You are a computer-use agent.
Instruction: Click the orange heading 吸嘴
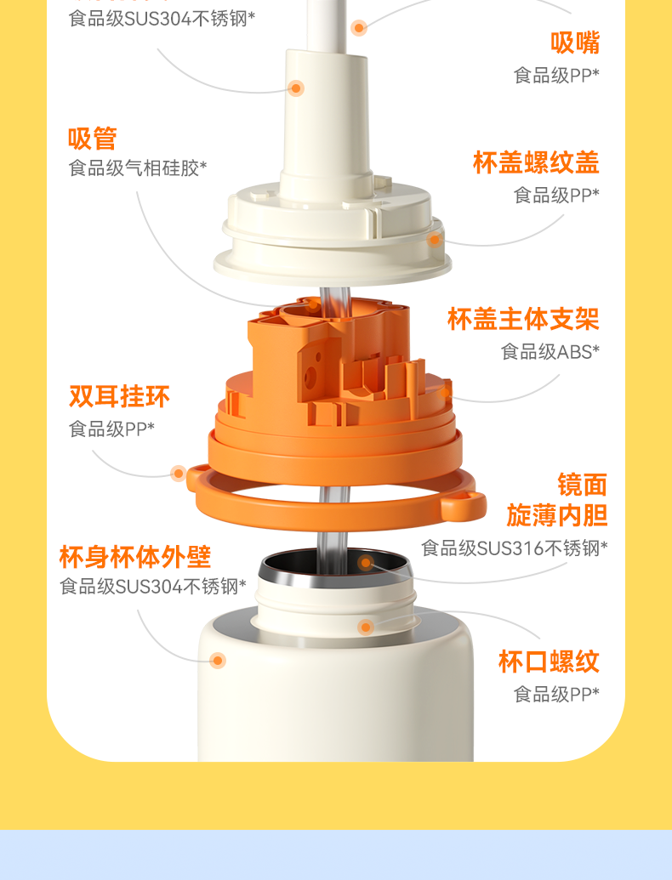click(575, 43)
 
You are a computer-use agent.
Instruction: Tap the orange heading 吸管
click(93, 139)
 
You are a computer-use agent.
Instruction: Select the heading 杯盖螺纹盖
click(536, 162)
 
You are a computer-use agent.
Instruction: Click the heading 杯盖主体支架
click(523, 319)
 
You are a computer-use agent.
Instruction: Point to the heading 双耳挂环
click(119, 396)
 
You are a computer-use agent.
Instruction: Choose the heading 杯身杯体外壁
click(135, 557)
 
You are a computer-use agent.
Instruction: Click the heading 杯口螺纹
click(549, 661)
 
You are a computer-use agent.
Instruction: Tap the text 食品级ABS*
click(550, 352)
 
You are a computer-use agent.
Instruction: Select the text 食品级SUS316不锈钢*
click(515, 548)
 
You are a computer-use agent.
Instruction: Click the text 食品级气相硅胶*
click(138, 167)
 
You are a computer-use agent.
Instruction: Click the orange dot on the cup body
click(218, 660)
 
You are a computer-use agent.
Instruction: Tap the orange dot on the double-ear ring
click(179, 474)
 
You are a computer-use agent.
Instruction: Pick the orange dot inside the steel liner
click(366, 562)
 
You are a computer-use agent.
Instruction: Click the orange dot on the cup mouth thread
click(366, 627)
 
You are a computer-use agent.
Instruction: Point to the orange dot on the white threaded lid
click(435, 241)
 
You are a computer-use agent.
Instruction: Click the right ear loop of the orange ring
click(464, 504)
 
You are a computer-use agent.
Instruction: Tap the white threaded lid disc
click(333, 236)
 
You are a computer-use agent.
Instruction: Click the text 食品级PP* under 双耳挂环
click(111, 429)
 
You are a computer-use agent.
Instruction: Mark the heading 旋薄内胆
click(557, 515)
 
